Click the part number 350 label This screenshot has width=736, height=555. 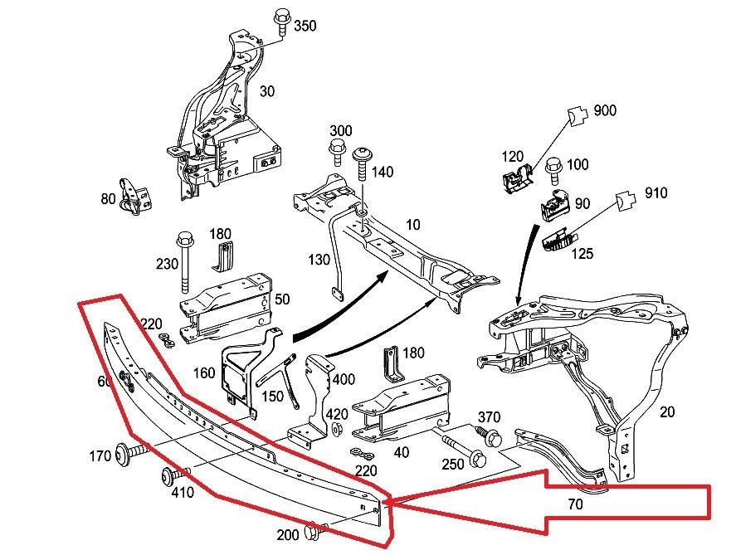click(305, 26)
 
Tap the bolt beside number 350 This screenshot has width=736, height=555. click(281, 22)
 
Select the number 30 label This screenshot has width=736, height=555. click(267, 91)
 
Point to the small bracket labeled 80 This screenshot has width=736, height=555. click(134, 196)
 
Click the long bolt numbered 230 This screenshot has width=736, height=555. click(184, 262)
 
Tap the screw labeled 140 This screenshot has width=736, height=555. click(363, 163)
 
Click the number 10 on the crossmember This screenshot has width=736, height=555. click(413, 225)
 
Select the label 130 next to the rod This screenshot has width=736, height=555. click(319, 259)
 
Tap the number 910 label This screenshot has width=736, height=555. click(656, 192)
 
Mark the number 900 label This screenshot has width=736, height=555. click(605, 110)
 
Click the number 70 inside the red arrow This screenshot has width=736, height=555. click(576, 504)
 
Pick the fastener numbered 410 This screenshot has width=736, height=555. click(176, 475)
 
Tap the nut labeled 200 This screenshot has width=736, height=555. click(313, 532)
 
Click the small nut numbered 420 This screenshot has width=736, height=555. click(336, 428)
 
